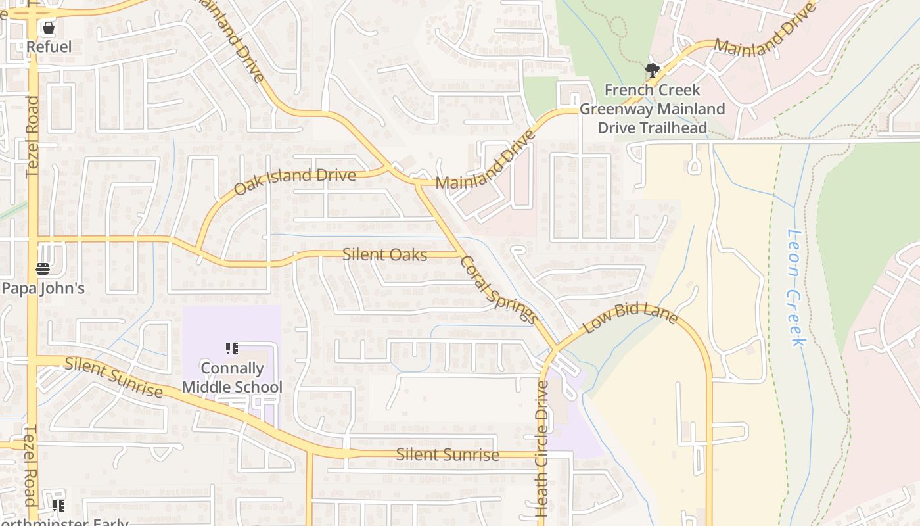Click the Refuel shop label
coord(49,47)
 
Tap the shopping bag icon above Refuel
coord(49,28)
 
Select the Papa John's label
coord(43,288)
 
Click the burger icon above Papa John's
coord(43,268)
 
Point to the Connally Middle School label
coord(232,377)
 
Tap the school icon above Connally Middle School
coord(231,348)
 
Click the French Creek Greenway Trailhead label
coord(652,108)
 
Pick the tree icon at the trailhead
coord(652,70)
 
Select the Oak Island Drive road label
coord(294,181)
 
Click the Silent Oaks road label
coord(384,254)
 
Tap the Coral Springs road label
coord(499,289)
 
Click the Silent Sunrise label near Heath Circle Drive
coord(448,454)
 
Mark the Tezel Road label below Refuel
coord(33,137)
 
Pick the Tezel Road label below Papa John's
coord(31,466)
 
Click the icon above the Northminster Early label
coord(58,505)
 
